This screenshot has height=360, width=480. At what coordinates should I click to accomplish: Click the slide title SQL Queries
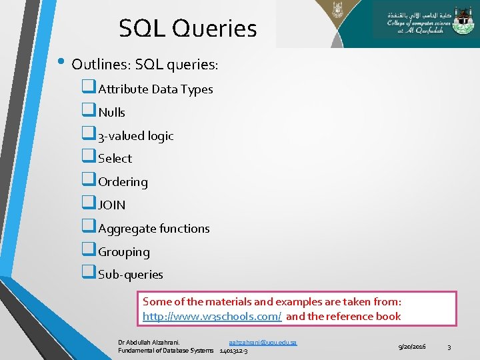[187, 29]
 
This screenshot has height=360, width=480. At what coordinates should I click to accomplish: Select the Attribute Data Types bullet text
[155, 89]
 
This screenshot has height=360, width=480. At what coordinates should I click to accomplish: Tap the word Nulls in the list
[111, 113]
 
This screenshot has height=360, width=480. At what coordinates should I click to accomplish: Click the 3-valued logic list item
[135, 136]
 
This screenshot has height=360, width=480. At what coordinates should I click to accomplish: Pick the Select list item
[115, 159]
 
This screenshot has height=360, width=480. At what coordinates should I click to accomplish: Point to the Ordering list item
[123, 182]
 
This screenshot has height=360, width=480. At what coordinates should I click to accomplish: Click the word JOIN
[111, 205]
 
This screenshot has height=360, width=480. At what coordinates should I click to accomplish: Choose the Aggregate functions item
[153, 229]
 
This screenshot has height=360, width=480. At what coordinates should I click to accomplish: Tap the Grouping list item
[123, 252]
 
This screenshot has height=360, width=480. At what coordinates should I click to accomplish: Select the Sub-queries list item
[130, 275]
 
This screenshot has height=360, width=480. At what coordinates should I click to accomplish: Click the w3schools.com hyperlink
[212, 317]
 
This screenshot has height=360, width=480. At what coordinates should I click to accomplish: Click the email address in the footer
[263, 342]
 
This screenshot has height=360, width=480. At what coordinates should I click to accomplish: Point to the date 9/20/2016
[412, 347]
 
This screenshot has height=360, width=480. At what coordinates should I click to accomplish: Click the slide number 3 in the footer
[449, 347]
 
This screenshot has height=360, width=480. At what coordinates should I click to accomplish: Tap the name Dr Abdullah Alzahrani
[149, 342]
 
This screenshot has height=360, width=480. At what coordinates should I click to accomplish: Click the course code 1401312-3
[233, 351]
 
